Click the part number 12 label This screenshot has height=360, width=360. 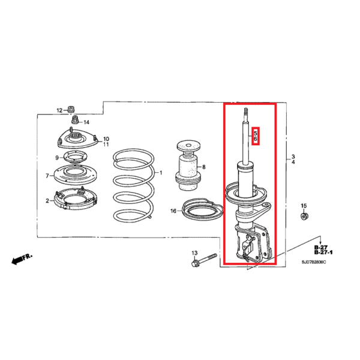(x=59, y=110)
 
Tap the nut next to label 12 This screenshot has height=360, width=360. (x=71, y=110)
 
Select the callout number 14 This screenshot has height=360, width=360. (x=86, y=122)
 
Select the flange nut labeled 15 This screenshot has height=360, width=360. (x=304, y=216)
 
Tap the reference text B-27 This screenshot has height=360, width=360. (x=321, y=247)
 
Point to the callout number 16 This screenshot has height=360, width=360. (x=173, y=211)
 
